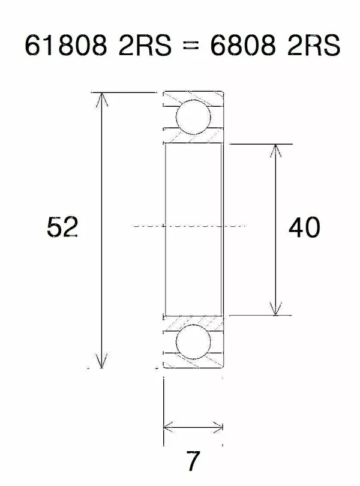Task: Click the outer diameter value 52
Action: coord(62,227)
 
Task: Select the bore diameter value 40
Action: coord(304,227)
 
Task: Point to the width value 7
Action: coord(193,461)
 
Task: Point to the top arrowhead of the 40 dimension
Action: coord(275,150)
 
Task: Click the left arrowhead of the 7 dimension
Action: coord(169,427)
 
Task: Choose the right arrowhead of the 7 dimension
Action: coord(218,427)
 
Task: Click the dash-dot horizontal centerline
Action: coord(192,226)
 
